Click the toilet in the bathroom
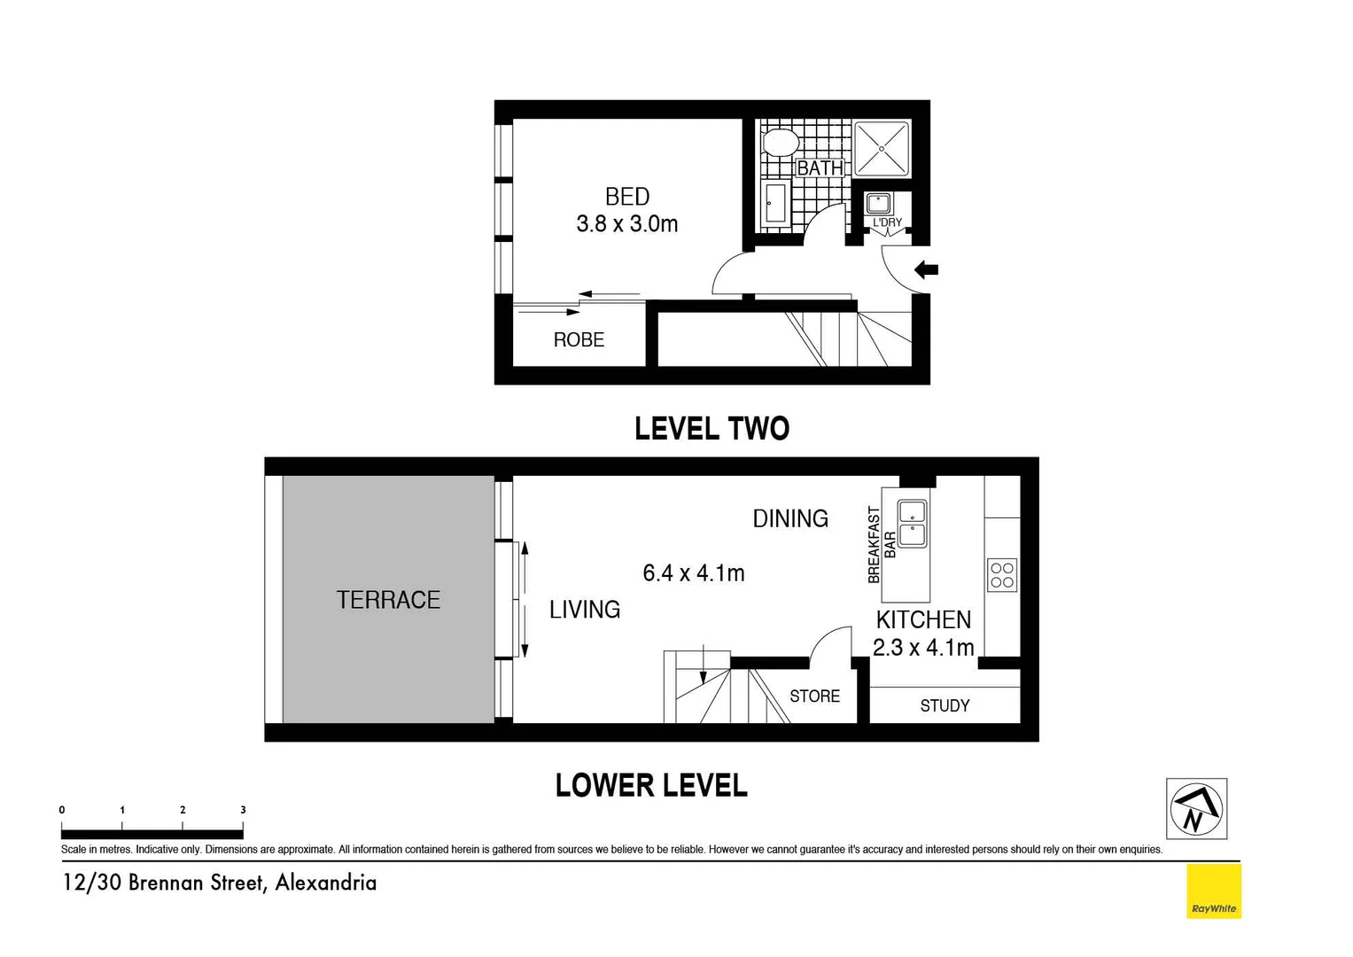[781, 142]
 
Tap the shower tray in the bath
[882, 148]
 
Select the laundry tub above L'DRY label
[878, 203]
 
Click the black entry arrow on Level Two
[926, 269]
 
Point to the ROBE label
[579, 339]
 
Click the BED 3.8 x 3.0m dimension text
[627, 224]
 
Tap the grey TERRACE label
[388, 600]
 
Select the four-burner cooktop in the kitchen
[1002, 574]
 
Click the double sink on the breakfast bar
[912, 523]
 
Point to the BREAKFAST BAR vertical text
[881, 545]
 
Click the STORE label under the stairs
[814, 696]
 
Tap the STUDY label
[945, 705]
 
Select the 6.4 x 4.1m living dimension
[693, 573]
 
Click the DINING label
[789, 518]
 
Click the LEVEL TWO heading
[711, 429]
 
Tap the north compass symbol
[1196, 808]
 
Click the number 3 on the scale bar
[243, 810]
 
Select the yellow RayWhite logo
[1213, 891]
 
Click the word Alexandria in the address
[325, 883]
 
